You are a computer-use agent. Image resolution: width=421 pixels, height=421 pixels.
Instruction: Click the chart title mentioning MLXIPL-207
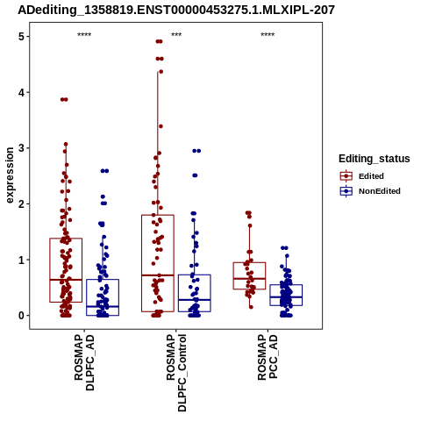tap(176, 10)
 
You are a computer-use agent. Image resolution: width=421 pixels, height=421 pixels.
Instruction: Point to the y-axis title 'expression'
tap(10, 175)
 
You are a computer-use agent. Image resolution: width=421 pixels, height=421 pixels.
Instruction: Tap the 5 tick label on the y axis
tap(22, 37)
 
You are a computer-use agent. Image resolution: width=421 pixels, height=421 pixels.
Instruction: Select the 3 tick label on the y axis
tap(22, 148)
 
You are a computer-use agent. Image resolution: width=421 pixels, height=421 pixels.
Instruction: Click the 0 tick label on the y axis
tap(22, 316)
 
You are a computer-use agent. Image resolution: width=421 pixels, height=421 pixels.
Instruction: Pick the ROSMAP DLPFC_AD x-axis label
tap(84, 362)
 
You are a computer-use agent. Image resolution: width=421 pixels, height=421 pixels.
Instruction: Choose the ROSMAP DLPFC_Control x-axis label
tap(176, 373)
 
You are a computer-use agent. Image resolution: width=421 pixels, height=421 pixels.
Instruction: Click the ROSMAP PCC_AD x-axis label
tap(268, 357)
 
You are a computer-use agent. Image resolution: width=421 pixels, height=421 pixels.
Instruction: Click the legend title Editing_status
tap(375, 159)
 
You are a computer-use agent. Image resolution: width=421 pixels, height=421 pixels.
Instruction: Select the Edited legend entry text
tap(371, 176)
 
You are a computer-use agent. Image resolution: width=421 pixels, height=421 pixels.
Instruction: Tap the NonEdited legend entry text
tap(380, 191)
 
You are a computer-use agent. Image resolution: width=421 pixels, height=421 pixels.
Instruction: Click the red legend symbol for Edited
tap(346, 176)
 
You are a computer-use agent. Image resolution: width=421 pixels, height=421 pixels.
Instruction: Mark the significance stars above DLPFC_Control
tap(176, 35)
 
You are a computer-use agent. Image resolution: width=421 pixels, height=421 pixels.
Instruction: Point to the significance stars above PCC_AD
tap(268, 35)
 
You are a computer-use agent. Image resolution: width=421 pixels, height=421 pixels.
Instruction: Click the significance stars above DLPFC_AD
tap(84, 35)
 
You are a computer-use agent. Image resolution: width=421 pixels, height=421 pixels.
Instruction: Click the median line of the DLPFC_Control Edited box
tap(158, 275)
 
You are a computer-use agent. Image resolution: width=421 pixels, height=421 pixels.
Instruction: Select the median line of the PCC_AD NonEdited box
tap(286, 297)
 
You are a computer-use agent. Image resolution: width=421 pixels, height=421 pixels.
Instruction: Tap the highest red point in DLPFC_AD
tap(64, 100)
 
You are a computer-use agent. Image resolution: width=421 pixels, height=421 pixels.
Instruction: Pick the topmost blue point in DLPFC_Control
tap(196, 151)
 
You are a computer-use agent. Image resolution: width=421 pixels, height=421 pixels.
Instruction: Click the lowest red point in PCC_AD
tap(251, 307)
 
